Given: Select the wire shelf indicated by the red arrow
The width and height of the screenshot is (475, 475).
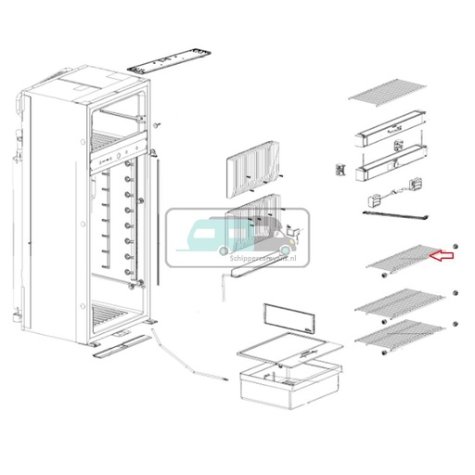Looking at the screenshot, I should [399, 263].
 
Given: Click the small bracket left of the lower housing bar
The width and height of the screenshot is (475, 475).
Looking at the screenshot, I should [340, 170].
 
